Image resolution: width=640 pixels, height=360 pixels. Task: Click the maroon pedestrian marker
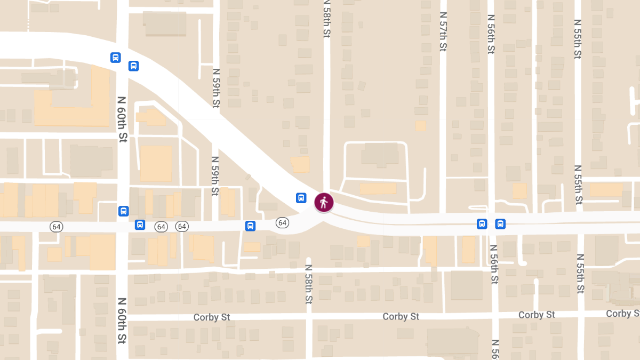tap(324, 203)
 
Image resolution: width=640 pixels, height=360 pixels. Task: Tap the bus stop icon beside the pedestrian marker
tap(301, 198)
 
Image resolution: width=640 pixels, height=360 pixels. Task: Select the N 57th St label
tap(443, 32)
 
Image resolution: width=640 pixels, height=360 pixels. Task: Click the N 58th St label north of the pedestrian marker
tap(327, 19)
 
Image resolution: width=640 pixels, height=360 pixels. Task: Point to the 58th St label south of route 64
tap(308, 284)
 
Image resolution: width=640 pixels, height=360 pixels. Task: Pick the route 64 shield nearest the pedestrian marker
tap(282, 222)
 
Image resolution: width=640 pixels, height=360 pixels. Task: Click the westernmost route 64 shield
tap(57, 227)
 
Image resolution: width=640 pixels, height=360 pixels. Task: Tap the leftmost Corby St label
tap(212, 317)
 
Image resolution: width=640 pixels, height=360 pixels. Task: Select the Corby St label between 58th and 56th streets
tap(401, 316)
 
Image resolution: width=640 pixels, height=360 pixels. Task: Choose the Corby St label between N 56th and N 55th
tap(537, 315)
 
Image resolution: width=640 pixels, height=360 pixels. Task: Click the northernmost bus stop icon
tap(116, 58)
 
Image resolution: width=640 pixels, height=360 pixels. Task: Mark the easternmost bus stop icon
tap(500, 223)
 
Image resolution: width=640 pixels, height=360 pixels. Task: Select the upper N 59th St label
tap(216, 88)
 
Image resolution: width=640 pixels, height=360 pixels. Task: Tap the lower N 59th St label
tap(215, 176)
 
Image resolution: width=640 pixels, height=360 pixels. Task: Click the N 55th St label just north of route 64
tap(578, 185)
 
